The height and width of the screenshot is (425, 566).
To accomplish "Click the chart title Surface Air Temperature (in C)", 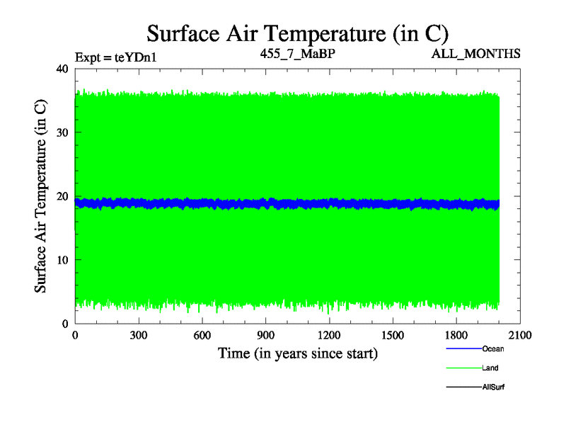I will pyautogui.click(x=297, y=33).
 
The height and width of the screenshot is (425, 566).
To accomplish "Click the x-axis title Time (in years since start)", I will pyautogui.click(x=297, y=353).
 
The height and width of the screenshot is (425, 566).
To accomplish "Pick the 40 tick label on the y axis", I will pyautogui.click(x=61, y=69).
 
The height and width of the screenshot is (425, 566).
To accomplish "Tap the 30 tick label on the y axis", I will pyautogui.click(x=61, y=132).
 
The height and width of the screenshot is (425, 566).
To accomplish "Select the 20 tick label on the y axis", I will pyautogui.click(x=61, y=196).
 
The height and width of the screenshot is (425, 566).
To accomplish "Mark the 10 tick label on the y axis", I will pyautogui.click(x=61, y=260).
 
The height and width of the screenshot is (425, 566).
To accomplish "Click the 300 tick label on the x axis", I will pyautogui.click(x=139, y=336).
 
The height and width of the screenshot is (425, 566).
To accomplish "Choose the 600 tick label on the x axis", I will pyautogui.click(x=202, y=336).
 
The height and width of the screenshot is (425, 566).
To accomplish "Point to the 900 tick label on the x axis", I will pyautogui.click(x=266, y=336).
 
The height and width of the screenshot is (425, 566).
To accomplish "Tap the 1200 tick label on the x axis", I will pyautogui.click(x=330, y=336).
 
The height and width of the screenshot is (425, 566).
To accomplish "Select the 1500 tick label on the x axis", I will pyautogui.click(x=393, y=336).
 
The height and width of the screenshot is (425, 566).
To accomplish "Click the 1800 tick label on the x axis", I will pyautogui.click(x=457, y=336).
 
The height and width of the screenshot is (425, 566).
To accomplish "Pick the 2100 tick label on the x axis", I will pyautogui.click(x=520, y=336).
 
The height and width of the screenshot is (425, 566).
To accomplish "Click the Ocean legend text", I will pyautogui.click(x=492, y=348).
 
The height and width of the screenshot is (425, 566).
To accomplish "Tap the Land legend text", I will pyautogui.click(x=490, y=368).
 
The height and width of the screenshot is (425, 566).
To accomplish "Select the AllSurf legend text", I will pyautogui.click(x=493, y=387).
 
